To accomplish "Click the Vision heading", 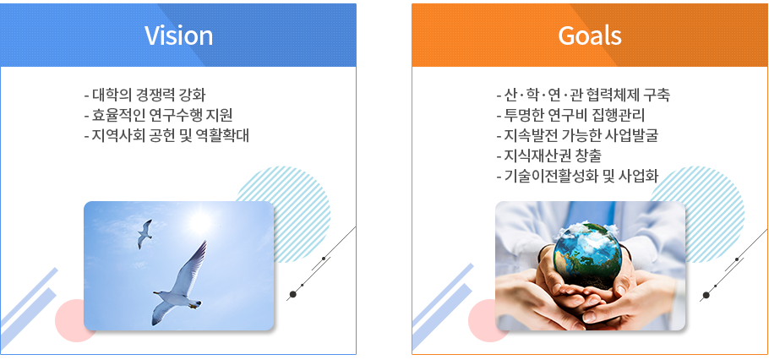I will coord(178,35).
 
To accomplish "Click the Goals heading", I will coord(590,35).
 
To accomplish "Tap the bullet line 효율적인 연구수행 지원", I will coord(158,114).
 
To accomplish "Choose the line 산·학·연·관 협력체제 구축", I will coord(582,94).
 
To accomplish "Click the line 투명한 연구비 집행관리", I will coord(570,114).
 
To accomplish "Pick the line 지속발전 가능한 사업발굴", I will coord(576,134).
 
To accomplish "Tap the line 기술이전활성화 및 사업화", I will coord(576,175).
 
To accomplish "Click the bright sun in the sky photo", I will coord(199,221).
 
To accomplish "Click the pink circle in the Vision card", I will coord(69,321).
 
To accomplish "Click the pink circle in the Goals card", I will coord(482,321).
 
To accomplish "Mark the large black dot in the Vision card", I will coord(292,294).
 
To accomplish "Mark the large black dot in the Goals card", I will coord(705,294).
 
